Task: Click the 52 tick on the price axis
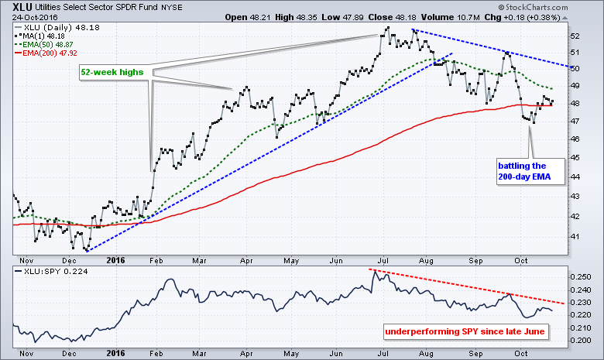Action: pyautogui.click(x=574, y=36)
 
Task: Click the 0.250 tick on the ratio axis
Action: pyautogui.click(x=580, y=276)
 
